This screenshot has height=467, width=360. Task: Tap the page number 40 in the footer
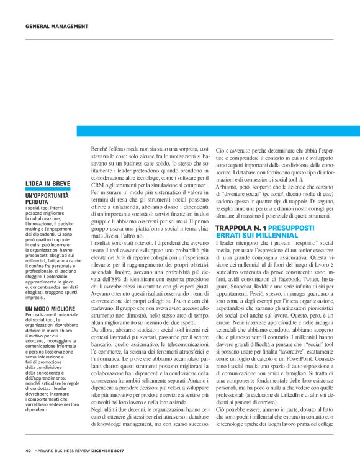pos(28,450)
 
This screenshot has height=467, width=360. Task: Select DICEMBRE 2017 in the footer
pos(114,450)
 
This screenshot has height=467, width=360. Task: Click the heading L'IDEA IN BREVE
pos(48,184)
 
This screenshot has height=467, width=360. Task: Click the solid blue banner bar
pos(218,131)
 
